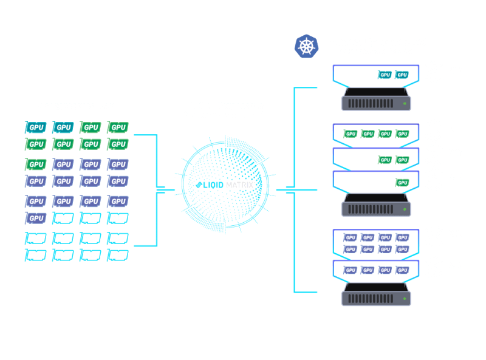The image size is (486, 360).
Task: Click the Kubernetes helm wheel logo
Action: (307, 46)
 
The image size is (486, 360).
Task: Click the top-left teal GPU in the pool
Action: (35, 127)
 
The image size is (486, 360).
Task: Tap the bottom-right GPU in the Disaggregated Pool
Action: (118, 256)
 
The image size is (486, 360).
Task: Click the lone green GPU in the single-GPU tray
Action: (402, 182)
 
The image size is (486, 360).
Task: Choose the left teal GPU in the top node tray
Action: (385, 75)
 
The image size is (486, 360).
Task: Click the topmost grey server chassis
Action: (376, 100)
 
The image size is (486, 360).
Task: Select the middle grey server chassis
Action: (376, 206)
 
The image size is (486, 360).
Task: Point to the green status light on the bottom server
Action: (405, 299)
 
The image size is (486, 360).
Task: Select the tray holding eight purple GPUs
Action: (376, 243)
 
